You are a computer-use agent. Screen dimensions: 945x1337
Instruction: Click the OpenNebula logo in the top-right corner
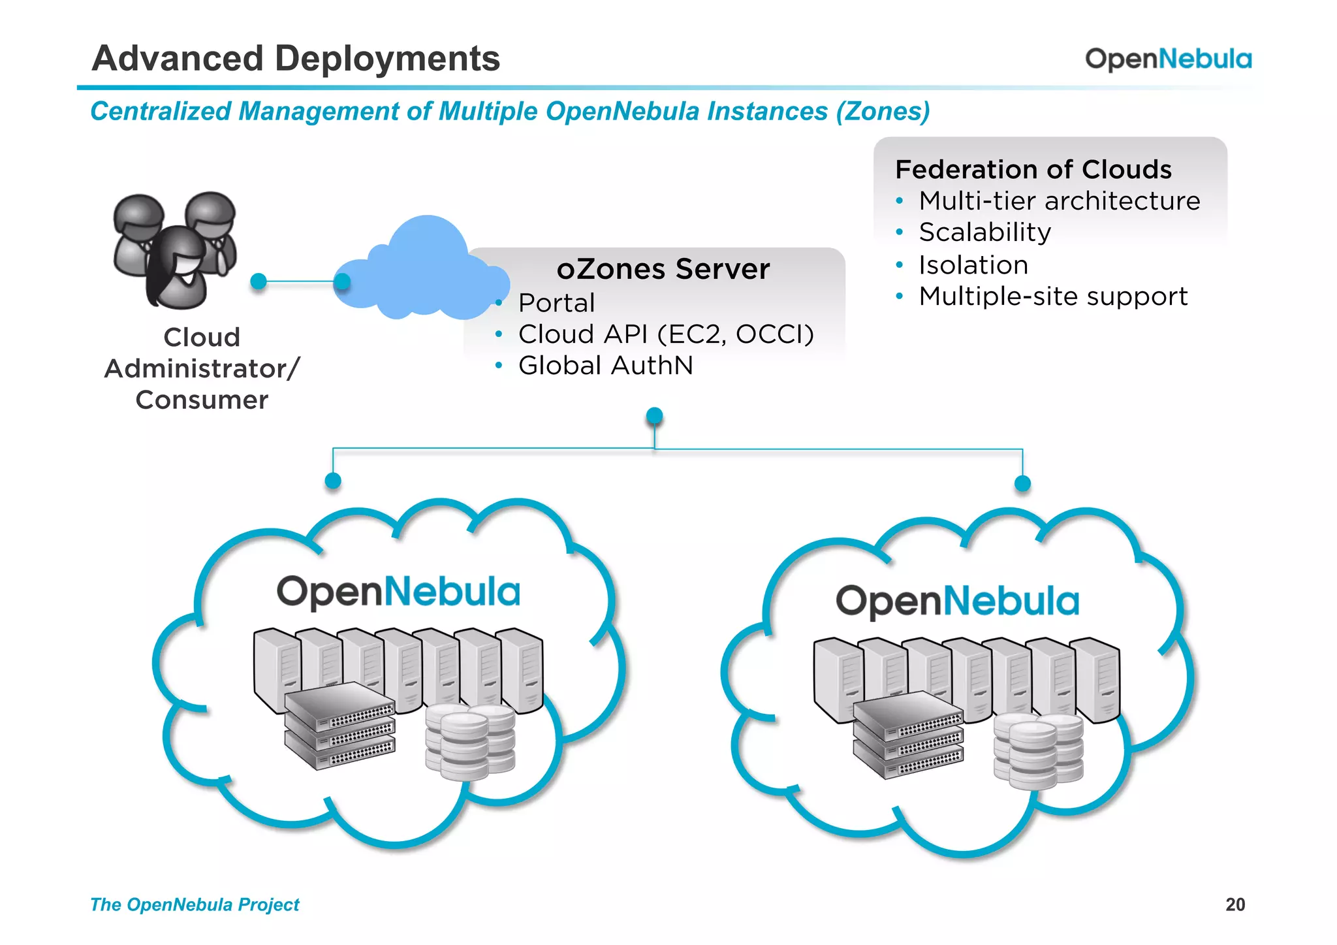1168,59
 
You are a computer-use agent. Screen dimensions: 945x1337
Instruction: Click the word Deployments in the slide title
387,59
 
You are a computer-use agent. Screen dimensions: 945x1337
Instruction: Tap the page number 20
1235,905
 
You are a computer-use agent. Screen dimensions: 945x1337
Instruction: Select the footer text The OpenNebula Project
195,905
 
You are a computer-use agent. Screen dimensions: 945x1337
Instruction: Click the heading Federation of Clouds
1033,169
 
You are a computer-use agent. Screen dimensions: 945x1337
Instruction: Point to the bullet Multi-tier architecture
1059,201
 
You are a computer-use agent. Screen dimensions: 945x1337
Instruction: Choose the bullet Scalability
984,232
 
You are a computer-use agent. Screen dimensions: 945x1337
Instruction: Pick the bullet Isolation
973,265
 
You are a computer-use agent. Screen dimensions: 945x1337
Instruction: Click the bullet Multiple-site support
1053,296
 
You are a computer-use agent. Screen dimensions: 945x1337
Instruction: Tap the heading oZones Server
663,269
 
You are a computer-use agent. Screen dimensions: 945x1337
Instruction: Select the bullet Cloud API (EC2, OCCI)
666,334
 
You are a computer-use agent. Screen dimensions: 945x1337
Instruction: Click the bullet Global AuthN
605,366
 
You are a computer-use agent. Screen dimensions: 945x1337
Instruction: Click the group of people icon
175,249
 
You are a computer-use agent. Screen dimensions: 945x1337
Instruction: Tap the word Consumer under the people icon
202,400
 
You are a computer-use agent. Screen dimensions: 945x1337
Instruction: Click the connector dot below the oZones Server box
654,415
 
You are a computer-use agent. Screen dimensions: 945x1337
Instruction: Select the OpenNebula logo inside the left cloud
398,592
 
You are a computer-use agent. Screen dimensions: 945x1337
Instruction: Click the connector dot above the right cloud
1022,483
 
